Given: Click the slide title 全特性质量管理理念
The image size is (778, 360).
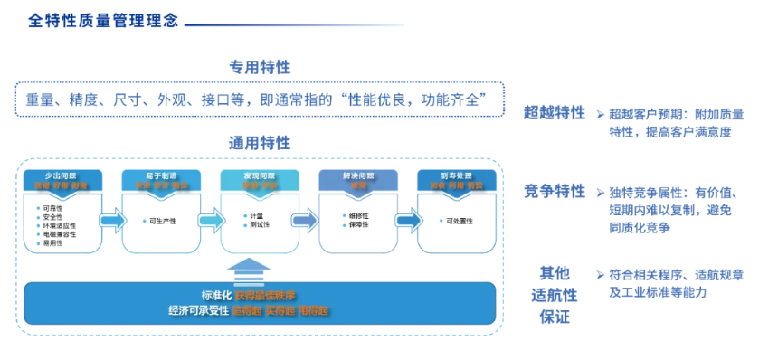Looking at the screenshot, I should [102, 19].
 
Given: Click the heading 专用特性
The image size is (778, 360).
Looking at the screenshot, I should [260, 67].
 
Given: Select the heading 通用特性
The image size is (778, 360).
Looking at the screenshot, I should [260, 142].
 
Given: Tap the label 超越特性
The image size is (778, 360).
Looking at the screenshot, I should [555, 113].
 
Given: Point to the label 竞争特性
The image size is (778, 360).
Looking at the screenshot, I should [555, 192].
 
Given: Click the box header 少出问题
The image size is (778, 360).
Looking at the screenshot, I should [62, 174].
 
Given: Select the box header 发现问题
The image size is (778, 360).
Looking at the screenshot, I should [260, 174].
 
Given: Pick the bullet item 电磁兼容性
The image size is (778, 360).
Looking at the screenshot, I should [60, 234].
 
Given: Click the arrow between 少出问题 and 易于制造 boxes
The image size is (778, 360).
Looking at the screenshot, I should [111, 220].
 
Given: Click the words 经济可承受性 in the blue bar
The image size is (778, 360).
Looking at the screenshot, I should [198, 310].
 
